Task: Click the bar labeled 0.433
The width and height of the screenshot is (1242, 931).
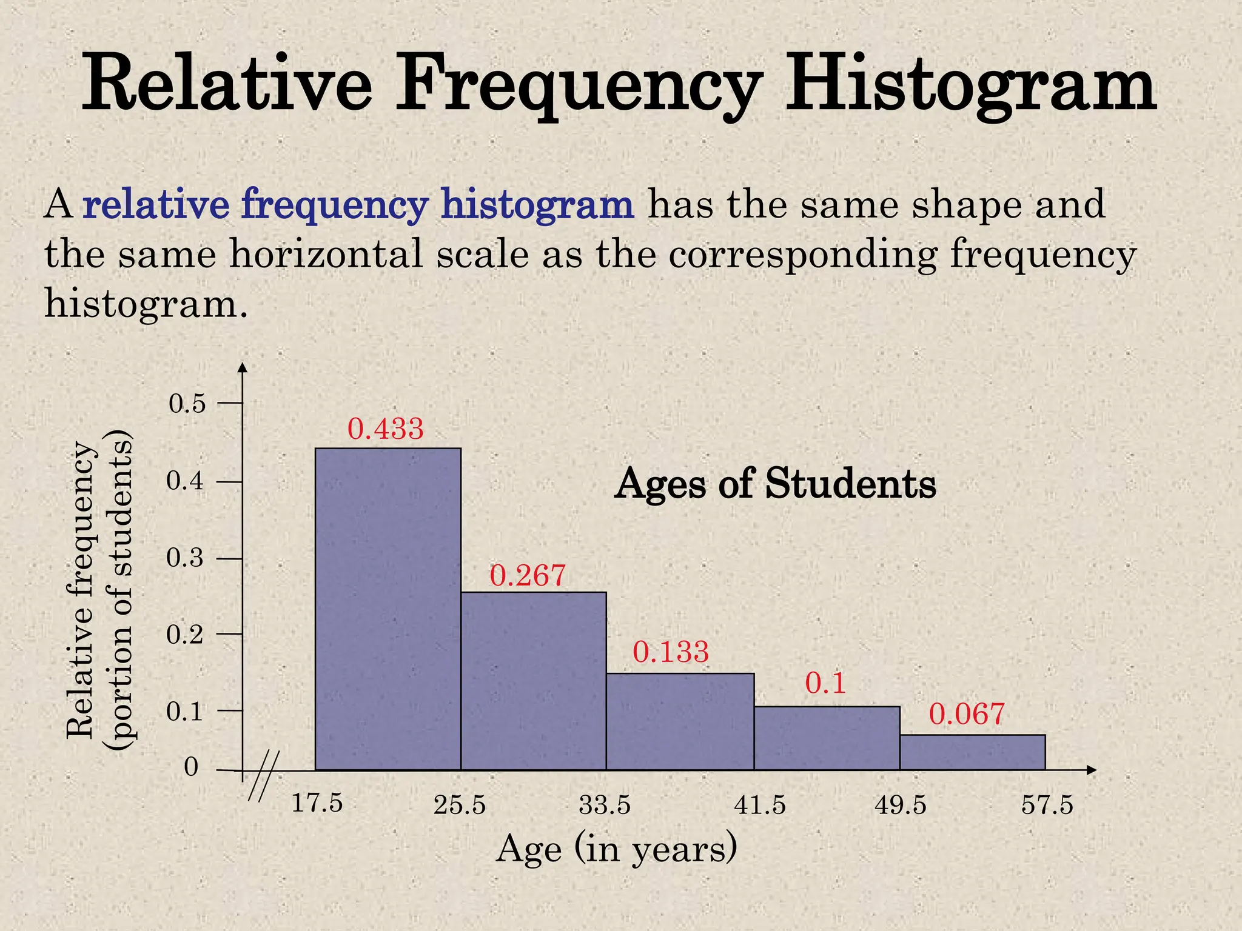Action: (x=388, y=609)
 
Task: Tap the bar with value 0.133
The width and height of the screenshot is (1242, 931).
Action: (x=680, y=721)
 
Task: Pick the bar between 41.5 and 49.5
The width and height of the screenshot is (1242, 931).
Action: (x=827, y=738)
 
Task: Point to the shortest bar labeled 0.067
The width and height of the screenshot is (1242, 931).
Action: (x=972, y=752)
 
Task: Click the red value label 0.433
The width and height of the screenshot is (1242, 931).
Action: (x=385, y=429)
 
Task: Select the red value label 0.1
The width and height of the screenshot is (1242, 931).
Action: (x=825, y=684)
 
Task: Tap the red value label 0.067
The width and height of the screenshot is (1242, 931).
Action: (x=967, y=714)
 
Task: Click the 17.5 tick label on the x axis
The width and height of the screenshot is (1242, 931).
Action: (x=317, y=804)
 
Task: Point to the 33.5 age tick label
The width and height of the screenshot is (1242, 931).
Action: (x=605, y=806)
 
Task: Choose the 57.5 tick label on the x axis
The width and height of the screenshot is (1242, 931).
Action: (x=1047, y=806)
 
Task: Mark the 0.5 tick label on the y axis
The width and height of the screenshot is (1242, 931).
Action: (x=187, y=404)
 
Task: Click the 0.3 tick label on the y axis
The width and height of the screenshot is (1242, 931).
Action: (x=185, y=558)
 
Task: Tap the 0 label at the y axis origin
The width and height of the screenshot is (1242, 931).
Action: (x=191, y=767)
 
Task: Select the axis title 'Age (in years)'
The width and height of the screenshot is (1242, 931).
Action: (x=616, y=849)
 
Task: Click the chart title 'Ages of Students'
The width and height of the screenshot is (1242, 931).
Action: (x=774, y=484)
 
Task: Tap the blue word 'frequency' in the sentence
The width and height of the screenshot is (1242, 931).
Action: (x=335, y=205)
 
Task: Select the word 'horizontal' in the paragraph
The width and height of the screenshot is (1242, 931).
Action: (x=326, y=254)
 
